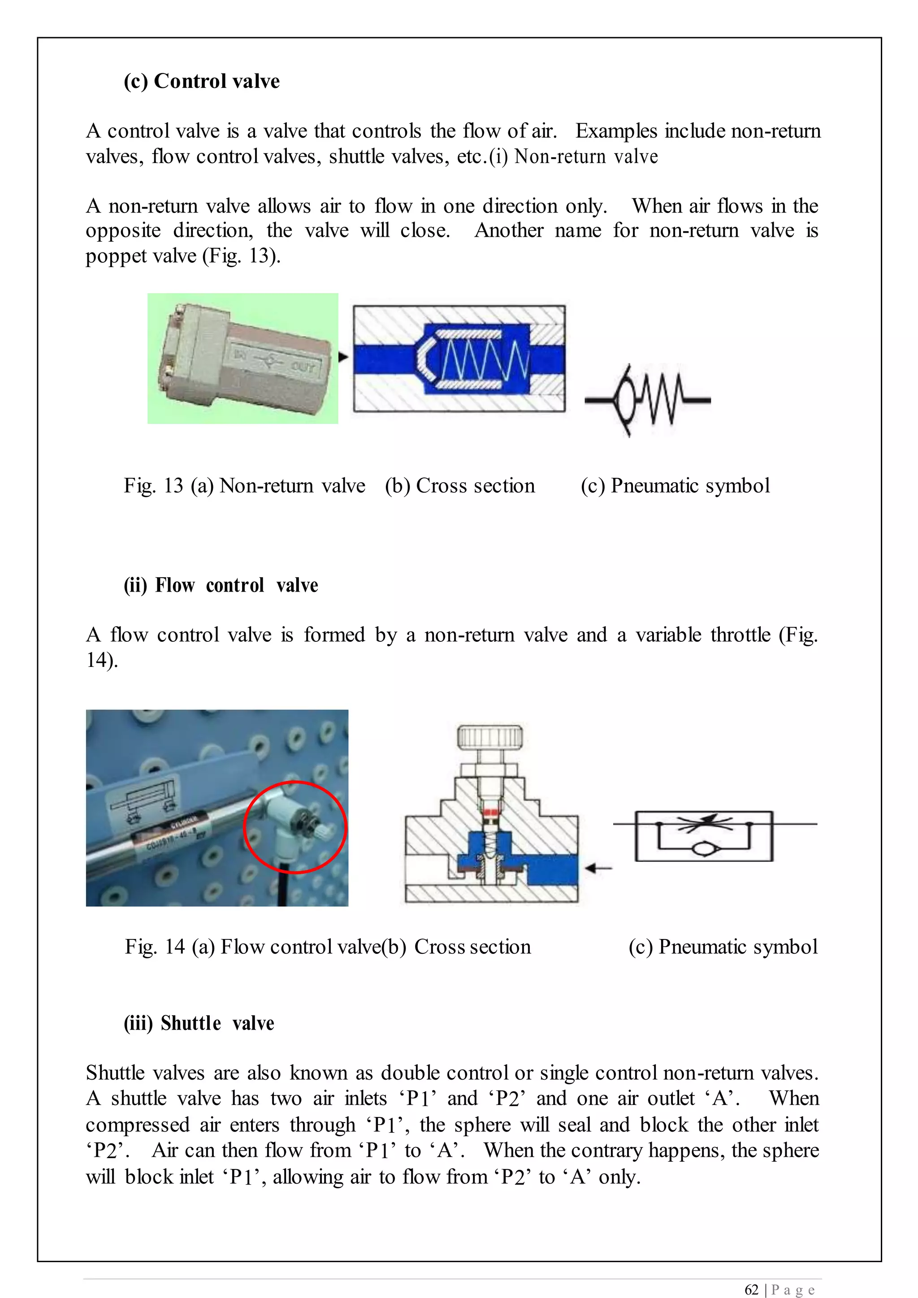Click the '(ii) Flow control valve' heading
point(221,585)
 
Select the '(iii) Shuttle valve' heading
point(199,1023)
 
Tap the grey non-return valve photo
point(242,359)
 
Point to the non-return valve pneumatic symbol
point(647,400)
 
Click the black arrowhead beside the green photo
point(342,357)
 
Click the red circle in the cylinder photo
point(294,827)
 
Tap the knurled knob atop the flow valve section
point(489,737)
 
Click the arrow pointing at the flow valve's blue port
point(598,868)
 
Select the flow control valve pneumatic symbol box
point(704,836)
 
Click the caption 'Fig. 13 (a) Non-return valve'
point(244,485)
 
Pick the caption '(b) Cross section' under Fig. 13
point(459,485)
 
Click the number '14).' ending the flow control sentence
point(102,660)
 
